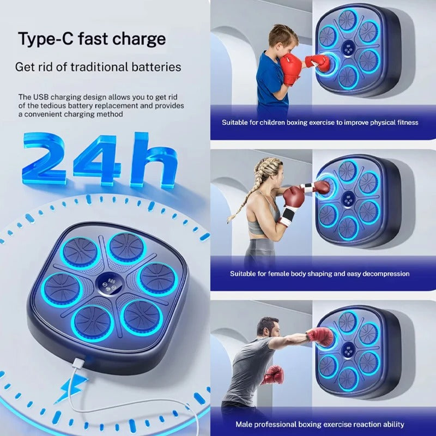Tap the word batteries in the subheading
(156, 67)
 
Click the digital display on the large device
(109, 283)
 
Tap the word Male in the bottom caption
(244, 425)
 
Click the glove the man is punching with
(320, 336)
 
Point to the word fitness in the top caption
(408, 123)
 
